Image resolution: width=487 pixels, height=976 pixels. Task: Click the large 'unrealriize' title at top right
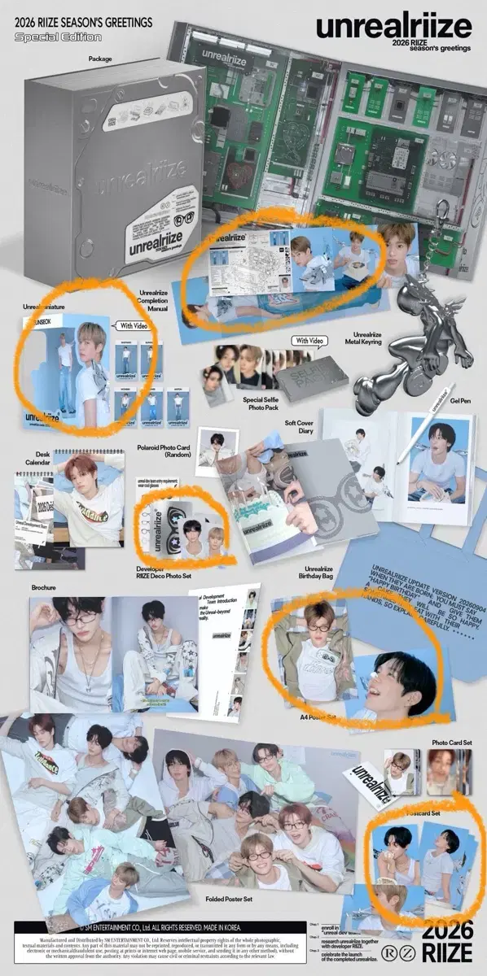[x=394, y=27]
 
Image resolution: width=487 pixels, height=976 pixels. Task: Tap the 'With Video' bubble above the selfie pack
[x=309, y=341]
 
